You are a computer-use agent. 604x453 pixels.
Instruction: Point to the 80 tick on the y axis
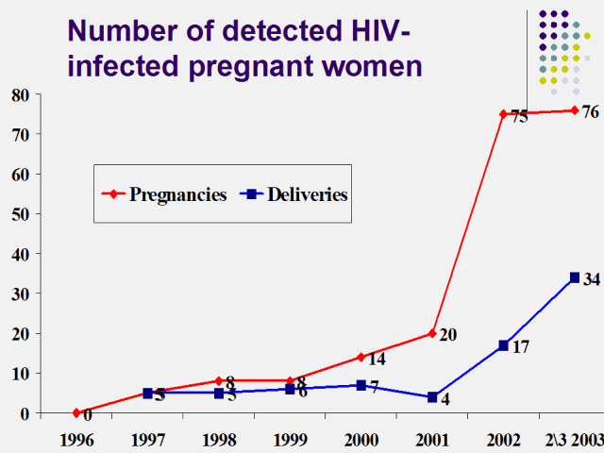pyautogui.click(x=20, y=94)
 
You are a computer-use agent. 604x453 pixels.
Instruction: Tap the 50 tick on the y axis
pyautogui.click(x=20, y=214)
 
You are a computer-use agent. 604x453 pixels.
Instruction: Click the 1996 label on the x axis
pyautogui.click(x=76, y=441)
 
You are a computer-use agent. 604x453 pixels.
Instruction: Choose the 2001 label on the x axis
pyautogui.click(x=431, y=441)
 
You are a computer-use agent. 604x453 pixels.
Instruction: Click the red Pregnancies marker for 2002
pyautogui.click(x=503, y=114)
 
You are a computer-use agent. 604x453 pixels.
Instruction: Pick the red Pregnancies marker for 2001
pyautogui.click(x=432, y=333)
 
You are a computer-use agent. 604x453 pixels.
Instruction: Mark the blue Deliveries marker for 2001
pyautogui.click(x=432, y=397)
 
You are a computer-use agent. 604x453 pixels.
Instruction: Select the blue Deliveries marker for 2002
pyautogui.click(x=503, y=345)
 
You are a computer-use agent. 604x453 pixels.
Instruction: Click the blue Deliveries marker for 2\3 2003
pyautogui.click(x=574, y=277)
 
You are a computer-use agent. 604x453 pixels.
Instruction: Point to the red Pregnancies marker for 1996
pyautogui.click(x=76, y=412)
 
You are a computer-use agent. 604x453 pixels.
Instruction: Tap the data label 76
pyautogui.click(x=590, y=112)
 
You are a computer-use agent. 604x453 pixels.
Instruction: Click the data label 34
pyautogui.click(x=592, y=279)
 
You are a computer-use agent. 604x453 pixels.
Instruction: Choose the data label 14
pyautogui.click(x=377, y=360)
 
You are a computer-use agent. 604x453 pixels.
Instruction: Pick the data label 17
pyautogui.click(x=520, y=347)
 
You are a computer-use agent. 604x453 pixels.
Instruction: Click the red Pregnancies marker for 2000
pyautogui.click(x=361, y=357)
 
